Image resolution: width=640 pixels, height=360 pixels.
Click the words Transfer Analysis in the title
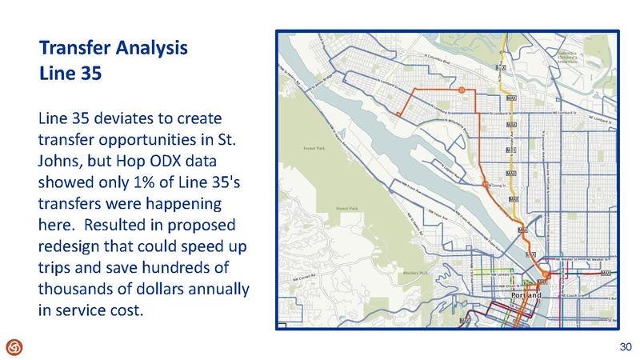coord(113,47)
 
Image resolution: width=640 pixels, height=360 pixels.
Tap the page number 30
coord(626,346)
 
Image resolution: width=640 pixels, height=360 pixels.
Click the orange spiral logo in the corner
coord(14,346)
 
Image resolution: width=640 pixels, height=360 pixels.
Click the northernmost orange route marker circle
coord(461,90)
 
